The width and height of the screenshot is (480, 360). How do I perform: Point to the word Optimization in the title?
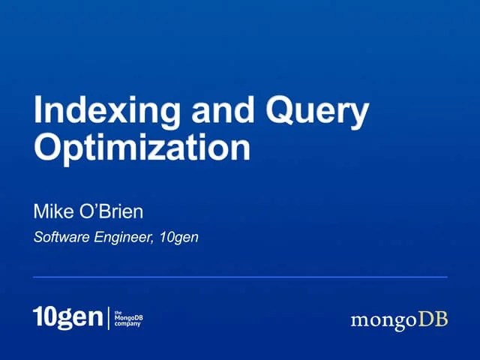tap(142, 147)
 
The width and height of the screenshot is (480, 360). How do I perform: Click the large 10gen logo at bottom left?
tap(67, 317)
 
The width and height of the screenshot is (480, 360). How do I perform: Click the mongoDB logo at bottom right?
tap(399, 320)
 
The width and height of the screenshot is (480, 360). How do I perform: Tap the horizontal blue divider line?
tap(240, 277)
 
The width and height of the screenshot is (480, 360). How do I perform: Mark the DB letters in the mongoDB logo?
tap(433, 319)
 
